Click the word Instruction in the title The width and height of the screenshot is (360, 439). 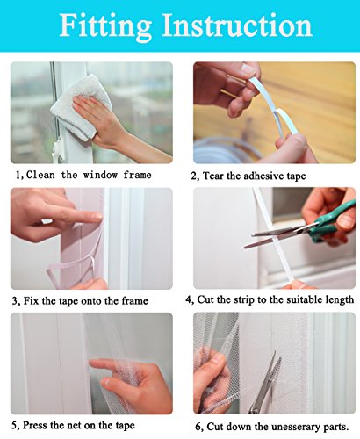click(x=237, y=25)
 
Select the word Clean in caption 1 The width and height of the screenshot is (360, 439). click(x=40, y=175)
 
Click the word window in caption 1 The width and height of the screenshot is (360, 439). click(x=100, y=175)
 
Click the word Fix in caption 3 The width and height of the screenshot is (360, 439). click(x=31, y=300)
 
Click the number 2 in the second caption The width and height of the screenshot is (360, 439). click(x=194, y=176)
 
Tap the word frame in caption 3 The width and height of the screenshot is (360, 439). click(x=133, y=300)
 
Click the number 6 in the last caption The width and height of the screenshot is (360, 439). click(x=198, y=427)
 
